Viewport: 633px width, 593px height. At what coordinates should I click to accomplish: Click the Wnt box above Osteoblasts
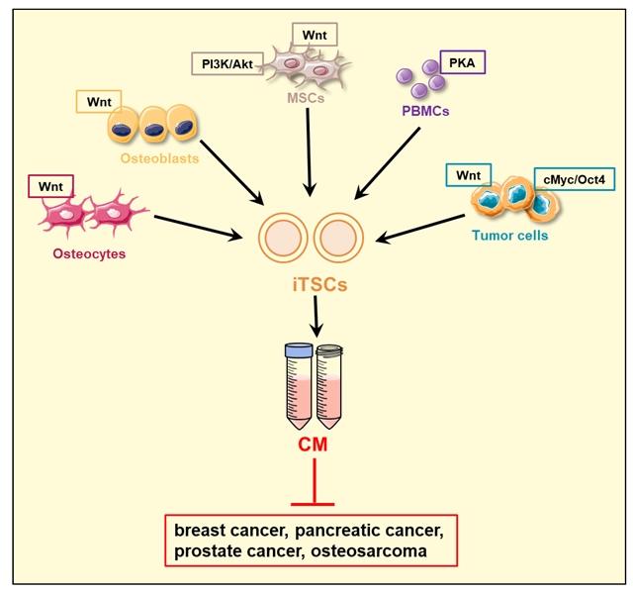tap(98, 101)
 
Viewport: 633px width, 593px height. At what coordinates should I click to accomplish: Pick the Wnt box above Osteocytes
tap(51, 185)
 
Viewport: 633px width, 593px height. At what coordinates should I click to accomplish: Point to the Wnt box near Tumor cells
tap(469, 175)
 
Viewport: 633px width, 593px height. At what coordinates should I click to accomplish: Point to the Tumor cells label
tap(507, 235)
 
